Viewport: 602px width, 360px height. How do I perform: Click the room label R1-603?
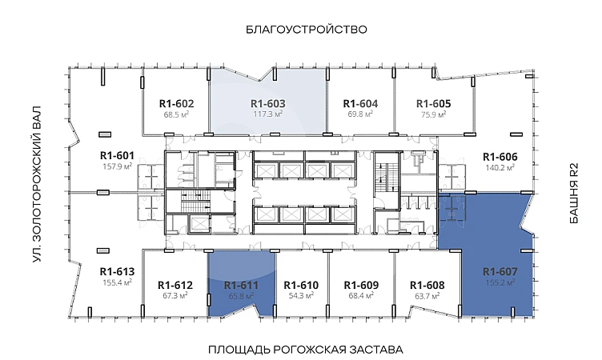coord(268,104)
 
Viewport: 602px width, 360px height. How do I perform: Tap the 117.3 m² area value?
coord(268,114)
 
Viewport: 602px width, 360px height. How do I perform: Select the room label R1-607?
coord(500,272)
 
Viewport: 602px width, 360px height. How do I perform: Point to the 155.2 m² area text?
coord(500,282)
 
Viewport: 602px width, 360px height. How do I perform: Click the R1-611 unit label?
coord(241,286)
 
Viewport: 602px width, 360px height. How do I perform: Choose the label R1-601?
coord(117,156)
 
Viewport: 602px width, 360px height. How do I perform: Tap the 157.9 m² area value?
coord(118,166)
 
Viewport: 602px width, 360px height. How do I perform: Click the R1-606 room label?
coord(500,157)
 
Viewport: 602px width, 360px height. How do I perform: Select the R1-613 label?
coord(117,272)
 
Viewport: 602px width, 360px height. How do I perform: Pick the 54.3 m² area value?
coord(301,296)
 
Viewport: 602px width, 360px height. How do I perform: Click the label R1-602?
coord(176,104)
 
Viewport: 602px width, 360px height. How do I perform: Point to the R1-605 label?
coord(433,104)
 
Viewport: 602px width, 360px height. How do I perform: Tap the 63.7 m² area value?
coord(427,296)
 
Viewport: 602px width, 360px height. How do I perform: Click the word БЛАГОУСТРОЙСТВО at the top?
coord(307,30)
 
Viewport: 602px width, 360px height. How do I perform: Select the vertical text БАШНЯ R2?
coord(574,194)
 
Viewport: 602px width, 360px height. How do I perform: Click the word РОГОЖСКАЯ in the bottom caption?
coord(310,350)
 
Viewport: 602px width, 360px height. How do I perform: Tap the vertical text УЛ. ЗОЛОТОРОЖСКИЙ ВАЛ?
coord(37,184)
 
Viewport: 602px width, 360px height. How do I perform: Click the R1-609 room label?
coord(361,286)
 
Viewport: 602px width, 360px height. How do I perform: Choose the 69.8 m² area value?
coord(360,114)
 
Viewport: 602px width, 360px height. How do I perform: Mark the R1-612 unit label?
coord(175,286)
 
